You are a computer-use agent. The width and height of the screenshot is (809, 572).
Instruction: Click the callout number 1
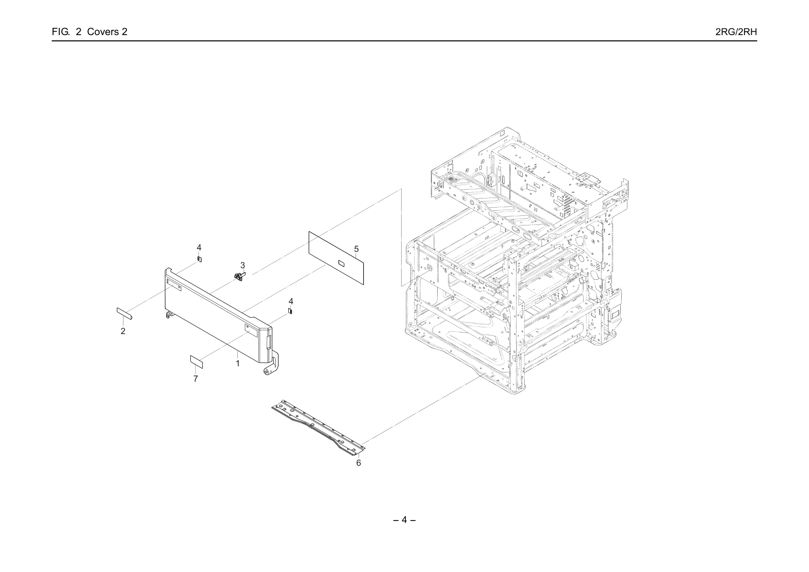coord(238,363)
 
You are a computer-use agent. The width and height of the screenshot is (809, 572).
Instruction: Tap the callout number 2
coord(123,331)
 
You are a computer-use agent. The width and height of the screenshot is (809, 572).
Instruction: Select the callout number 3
coord(243,266)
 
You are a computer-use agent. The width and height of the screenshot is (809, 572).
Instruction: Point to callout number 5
coord(356,249)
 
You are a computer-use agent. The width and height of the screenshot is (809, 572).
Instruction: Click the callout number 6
coord(359,463)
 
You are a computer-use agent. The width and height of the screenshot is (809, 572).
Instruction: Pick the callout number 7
coord(196,379)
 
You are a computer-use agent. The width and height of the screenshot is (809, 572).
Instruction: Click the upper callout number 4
coord(199,248)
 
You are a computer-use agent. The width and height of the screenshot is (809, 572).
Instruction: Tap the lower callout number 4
coord(291,301)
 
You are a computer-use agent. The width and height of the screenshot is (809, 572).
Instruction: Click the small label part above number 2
coord(124,313)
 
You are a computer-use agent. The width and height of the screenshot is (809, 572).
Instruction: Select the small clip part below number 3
coord(239,276)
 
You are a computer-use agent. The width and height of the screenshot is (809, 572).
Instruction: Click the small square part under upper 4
coord(199,259)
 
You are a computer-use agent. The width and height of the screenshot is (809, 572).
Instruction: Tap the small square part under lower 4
coord(290,311)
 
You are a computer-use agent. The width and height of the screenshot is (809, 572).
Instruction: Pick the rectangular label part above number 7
coord(196,361)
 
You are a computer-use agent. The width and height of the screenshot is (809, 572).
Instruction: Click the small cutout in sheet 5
coord(341,263)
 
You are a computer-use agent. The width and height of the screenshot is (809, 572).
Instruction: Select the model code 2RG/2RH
coord(736,32)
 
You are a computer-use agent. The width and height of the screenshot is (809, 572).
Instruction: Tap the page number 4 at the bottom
coord(404,520)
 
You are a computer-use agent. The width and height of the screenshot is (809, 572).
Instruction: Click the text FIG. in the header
coord(61,32)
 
